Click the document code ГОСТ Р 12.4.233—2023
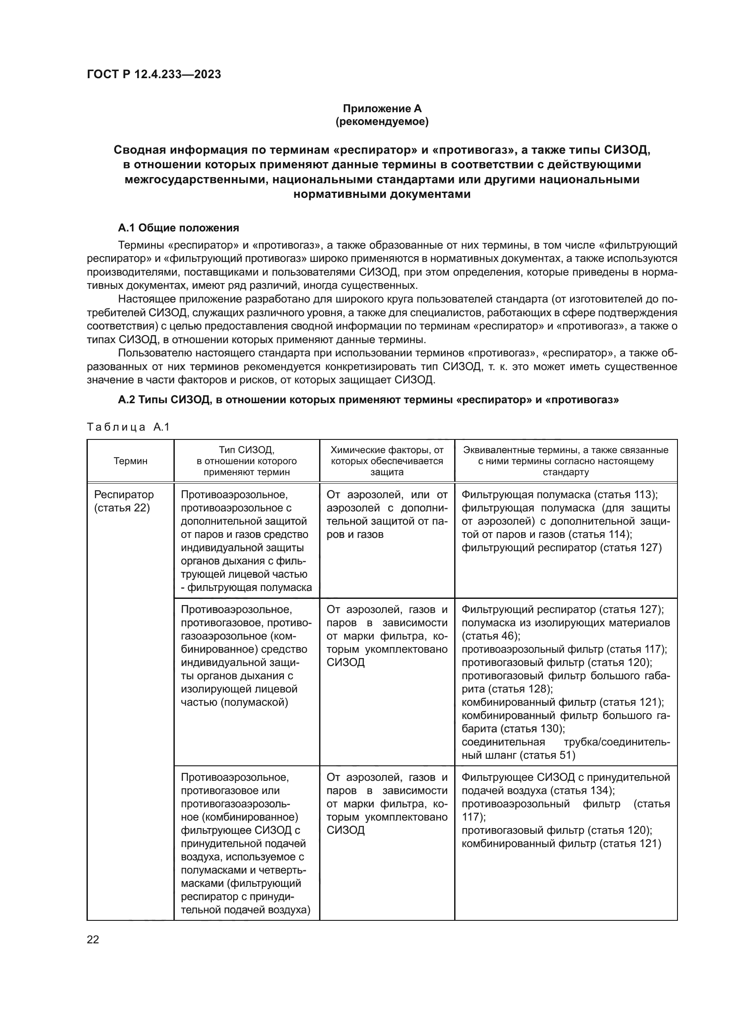pos(154,75)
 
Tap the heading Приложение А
pos(382,109)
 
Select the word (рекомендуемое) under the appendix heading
pos(382,122)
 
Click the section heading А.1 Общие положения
pos(178,227)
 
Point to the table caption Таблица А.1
pos(128,427)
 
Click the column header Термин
pos(130,461)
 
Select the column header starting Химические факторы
pos(387,461)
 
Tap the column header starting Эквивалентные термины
pos(565,461)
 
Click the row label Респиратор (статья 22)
pos(124,501)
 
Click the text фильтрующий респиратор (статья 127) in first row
pos(561,548)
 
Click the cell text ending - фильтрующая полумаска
pos(246,587)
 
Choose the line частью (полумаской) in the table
pos(234,702)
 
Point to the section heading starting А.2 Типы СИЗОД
pos(368,400)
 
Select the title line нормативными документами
pos(382,194)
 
